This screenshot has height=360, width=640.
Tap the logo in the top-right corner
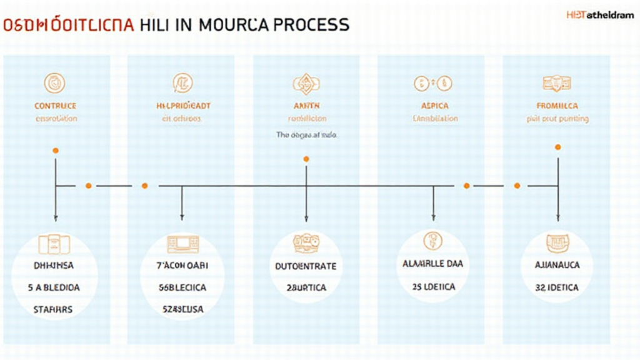(601, 14)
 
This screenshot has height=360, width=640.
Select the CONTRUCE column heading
(56, 106)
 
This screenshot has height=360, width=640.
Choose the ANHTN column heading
(307, 106)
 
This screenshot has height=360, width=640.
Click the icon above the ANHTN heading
(306, 83)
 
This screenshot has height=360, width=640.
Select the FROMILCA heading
(557, 106)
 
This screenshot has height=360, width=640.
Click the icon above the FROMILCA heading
(557, 82)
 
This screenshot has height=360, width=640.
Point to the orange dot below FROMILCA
(557, 147)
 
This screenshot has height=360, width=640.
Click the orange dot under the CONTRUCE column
(56, 151)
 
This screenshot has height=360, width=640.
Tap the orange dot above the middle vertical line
(306, 159)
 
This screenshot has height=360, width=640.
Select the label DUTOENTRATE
(306, 266)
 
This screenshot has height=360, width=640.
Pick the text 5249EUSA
(182, 309)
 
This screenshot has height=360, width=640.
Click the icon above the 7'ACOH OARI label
(182, 243)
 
